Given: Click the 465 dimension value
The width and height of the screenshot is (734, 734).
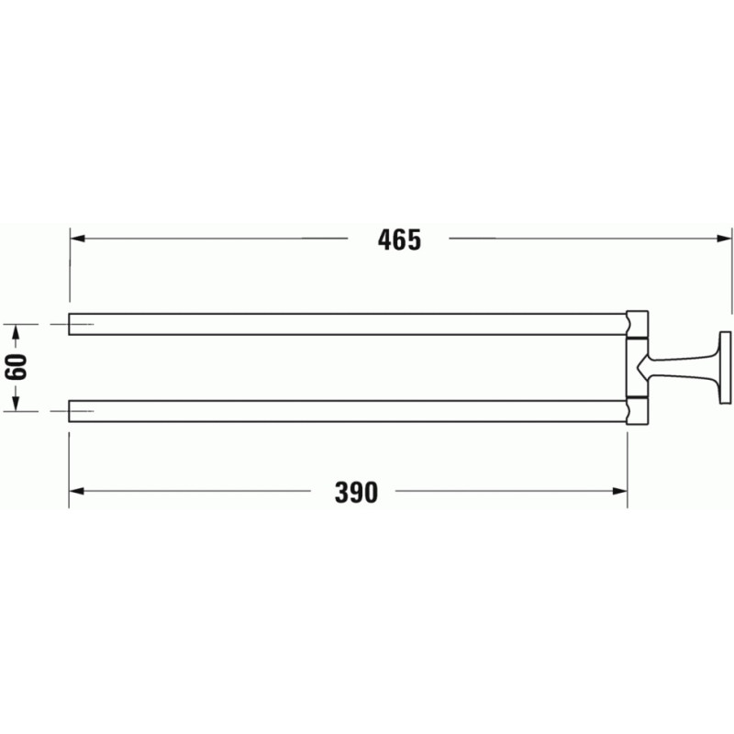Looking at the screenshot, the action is coord(399,239).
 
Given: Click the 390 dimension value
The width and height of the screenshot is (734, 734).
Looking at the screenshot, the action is coord(356,493).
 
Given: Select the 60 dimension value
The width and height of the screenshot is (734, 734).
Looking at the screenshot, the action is coord(16,367).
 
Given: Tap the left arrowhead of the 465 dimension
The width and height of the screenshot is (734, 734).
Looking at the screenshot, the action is coord(77,239).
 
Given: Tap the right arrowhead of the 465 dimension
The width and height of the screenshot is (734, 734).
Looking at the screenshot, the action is coord(724,239).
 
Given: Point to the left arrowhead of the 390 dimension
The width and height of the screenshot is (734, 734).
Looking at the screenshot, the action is coord(76,491).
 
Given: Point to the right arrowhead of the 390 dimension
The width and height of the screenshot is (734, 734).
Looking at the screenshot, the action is coord(620,491).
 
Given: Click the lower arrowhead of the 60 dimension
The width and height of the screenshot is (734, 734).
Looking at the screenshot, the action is coord(16,404).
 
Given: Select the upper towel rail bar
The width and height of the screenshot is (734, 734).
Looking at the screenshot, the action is coord(348,324).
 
